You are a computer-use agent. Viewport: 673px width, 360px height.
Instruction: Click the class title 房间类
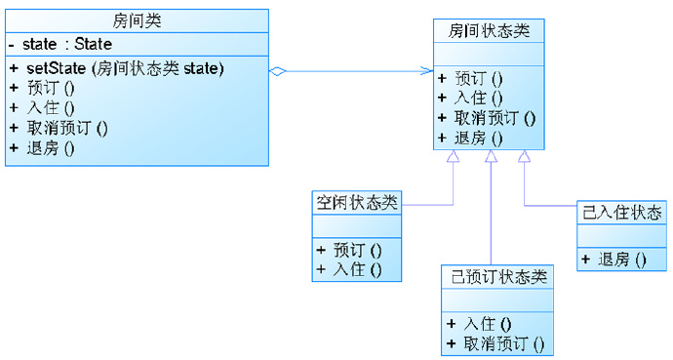(x=137, y=20)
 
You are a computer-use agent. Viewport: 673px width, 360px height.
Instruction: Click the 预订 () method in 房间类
(x=49, y=88)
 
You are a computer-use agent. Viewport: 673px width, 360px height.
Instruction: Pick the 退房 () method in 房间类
(x=49, y=148)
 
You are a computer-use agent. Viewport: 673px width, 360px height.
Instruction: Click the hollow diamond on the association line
(x=277, y=71)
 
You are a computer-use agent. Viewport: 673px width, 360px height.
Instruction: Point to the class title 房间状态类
(x=490, y=30)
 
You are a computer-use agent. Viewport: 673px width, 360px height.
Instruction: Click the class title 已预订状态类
(x=497, y=277)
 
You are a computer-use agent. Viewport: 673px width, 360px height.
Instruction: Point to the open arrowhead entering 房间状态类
(x=427, y=71)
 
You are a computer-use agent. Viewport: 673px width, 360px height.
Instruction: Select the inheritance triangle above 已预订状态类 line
(x=491, y=157)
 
